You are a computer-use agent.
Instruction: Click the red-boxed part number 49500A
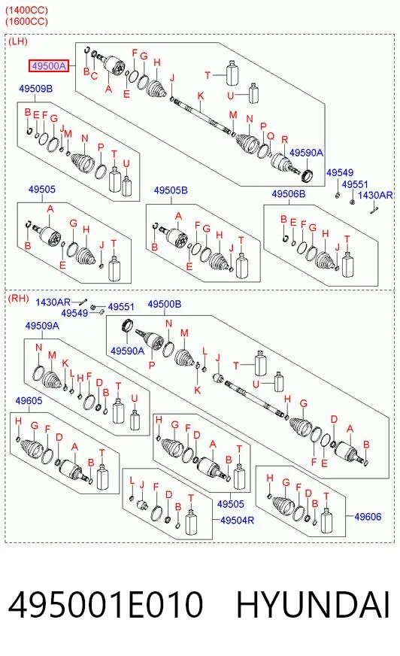[48, 65]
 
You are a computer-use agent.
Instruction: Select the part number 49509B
[35, 89]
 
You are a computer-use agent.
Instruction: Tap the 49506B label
[289, 193]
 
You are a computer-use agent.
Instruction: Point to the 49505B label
[171, 190]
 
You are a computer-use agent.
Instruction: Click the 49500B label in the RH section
[164, 304]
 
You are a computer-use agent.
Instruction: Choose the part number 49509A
[42, 326]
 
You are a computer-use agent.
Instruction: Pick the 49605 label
[29, 401]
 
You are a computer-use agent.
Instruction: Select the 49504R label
[237, 520]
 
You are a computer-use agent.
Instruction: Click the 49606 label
[368, 517]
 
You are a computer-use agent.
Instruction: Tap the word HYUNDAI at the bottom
[313, 605]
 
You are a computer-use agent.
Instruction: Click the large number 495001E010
[105, 605]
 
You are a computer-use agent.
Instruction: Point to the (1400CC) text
[26, 10]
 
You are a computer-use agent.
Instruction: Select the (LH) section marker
[17, 41]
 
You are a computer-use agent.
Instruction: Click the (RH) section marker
[18, 299]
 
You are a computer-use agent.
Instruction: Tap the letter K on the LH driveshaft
[201, 96]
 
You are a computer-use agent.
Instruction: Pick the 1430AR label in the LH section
[375, 195]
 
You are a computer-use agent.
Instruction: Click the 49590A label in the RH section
[127, 351]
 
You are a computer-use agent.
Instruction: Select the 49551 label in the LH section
[355, 184]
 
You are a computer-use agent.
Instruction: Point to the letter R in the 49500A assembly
[285, 140]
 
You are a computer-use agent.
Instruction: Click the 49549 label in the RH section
[74, 313]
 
